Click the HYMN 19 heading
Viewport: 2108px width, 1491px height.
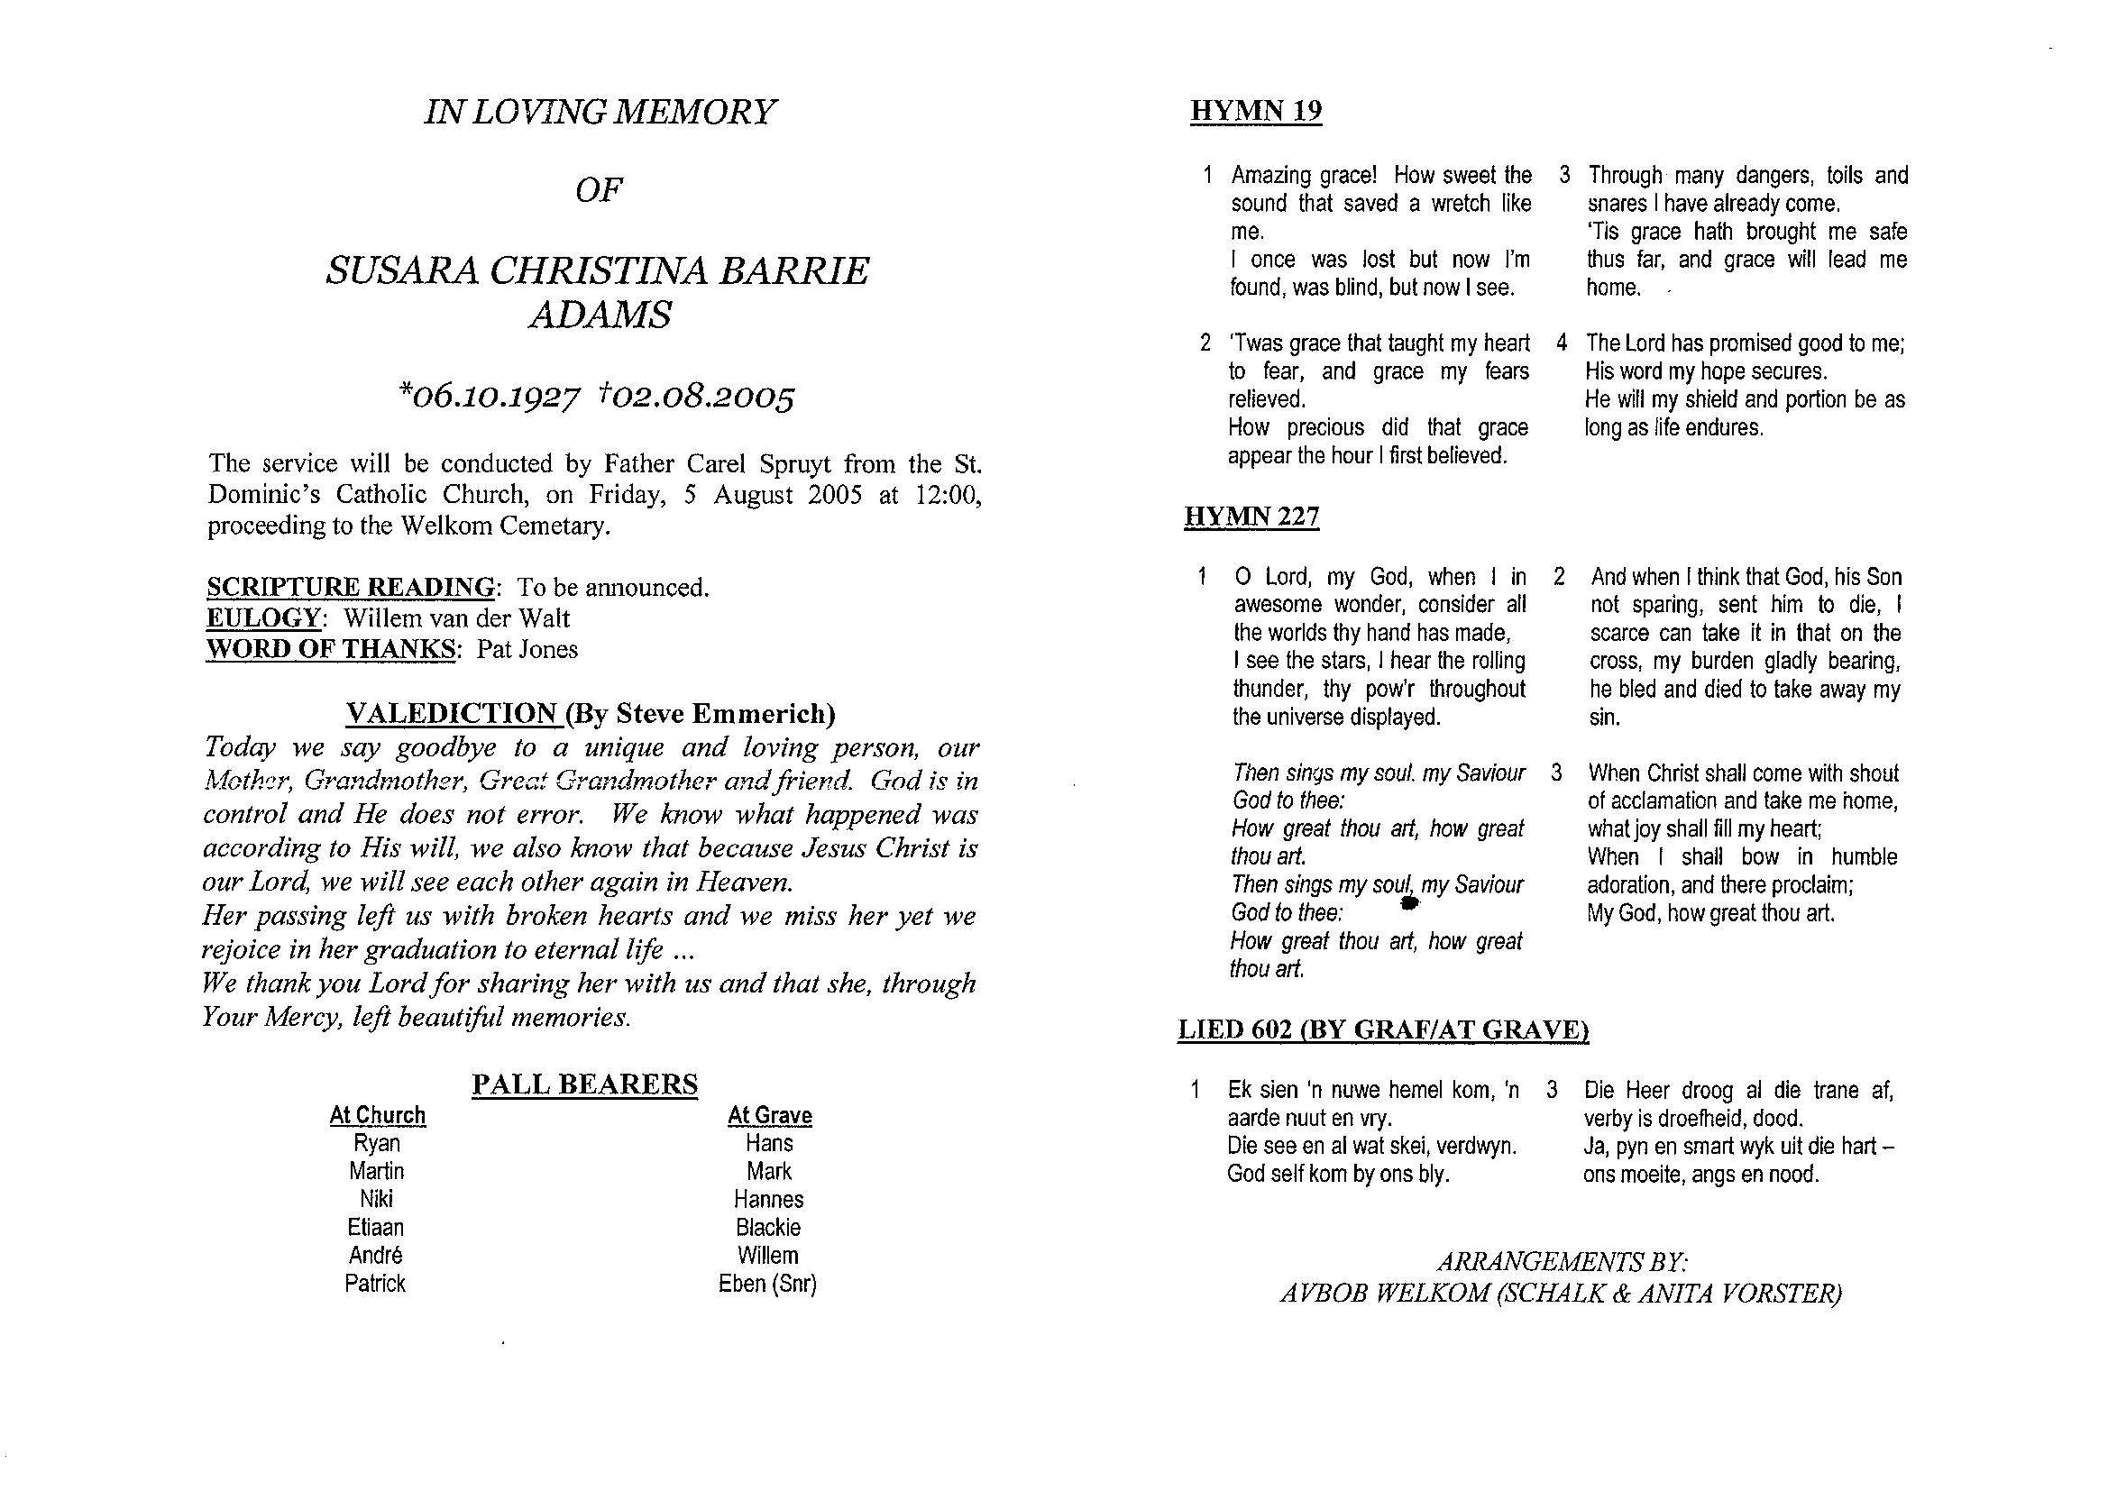1255,112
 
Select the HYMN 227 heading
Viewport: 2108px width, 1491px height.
1251,517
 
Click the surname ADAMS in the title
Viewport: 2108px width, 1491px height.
600,315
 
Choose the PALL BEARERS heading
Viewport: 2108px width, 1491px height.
585,1084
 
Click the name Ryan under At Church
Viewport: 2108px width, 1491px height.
377,1143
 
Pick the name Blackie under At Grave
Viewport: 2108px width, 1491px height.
768,1228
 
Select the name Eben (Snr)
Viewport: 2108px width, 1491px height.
767,1284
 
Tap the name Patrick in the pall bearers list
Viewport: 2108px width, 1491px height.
374,1284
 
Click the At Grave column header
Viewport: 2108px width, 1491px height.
769,1115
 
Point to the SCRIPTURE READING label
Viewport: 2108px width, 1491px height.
351,587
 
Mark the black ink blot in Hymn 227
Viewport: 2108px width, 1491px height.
1409,904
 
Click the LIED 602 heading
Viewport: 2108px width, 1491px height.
1383,1030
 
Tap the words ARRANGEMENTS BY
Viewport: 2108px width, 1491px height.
1562,1261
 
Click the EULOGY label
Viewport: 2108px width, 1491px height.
263,617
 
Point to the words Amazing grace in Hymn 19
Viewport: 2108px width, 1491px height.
1304,176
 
